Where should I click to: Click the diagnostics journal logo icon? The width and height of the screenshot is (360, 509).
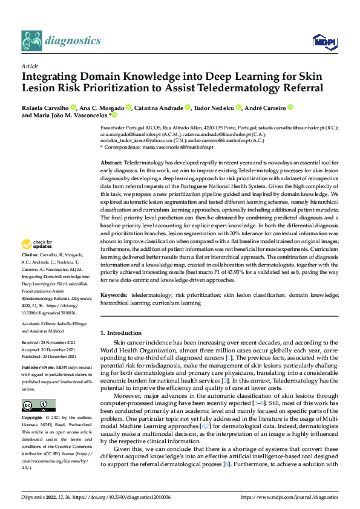pyautogui.click(x=32, y=41)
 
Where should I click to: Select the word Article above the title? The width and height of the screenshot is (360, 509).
pyautogui.click(x=30, y=66)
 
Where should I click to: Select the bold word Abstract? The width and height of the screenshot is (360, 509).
pyautogui.click(x=111, y=164)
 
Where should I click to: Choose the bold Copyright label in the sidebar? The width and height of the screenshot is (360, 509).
pyautogui.click(x=33, y=418)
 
